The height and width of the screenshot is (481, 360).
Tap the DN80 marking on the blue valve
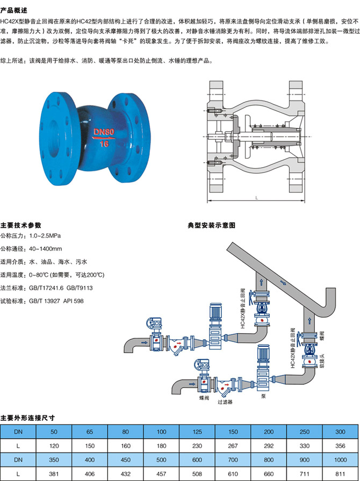(x=105, y=131)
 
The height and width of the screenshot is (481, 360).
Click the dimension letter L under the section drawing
(x=256, y=198)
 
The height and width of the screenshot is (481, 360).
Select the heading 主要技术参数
(x=21, y=225)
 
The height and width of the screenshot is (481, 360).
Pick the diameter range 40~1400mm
(x=46, y=248)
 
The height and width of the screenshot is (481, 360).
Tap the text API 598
(x=73, y=301)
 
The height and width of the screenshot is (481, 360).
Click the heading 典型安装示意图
(x=211, y=225)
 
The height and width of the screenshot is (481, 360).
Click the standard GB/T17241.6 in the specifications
(x=47, y=288)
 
